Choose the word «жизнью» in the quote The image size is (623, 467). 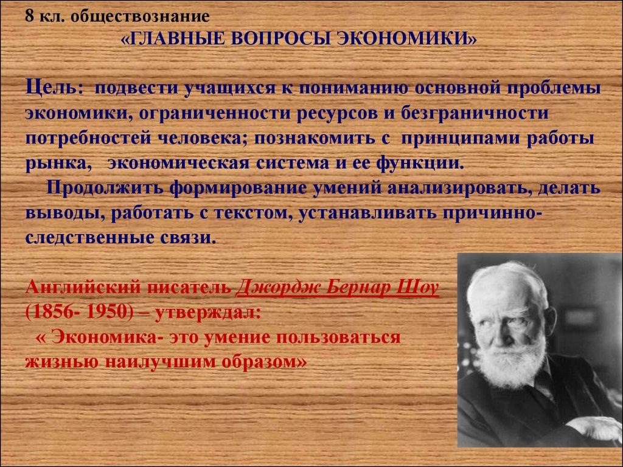coord(60,361)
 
